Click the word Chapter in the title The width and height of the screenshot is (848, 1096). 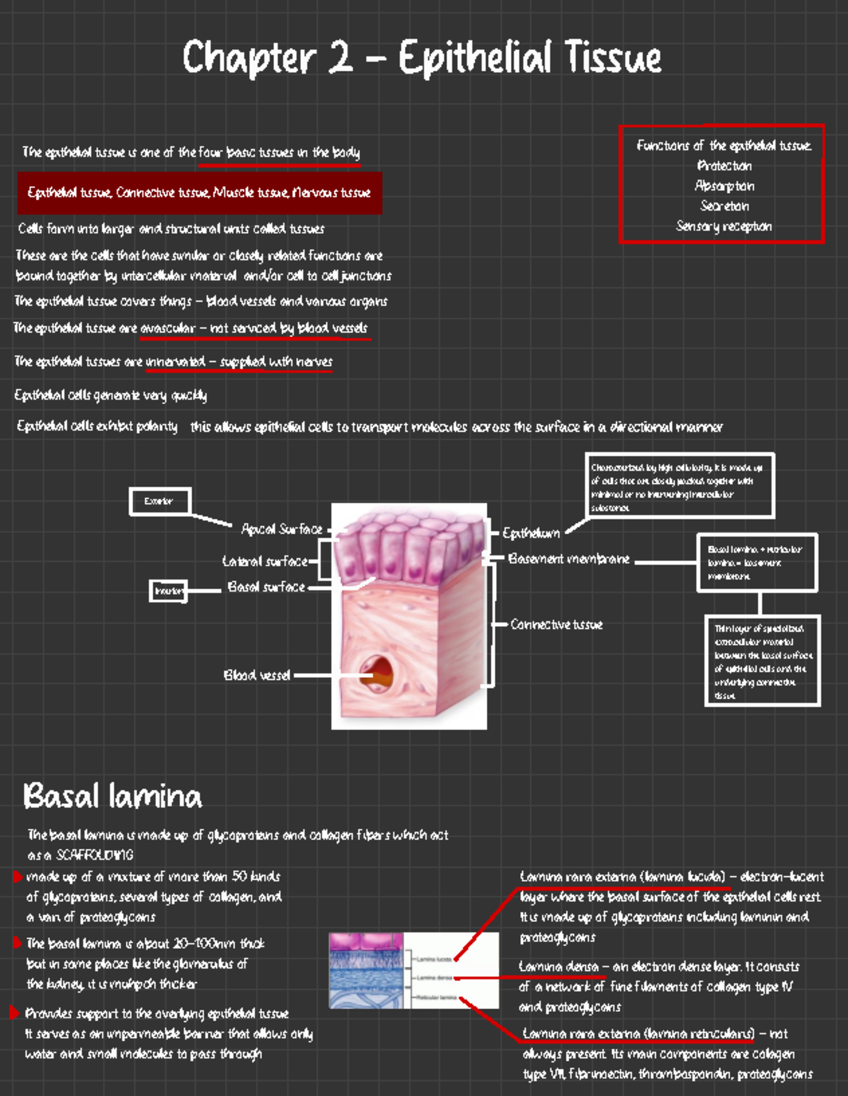[248, 58]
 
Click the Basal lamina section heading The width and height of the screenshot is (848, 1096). [112, 796]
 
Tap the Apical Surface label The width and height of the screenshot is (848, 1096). [281, 529]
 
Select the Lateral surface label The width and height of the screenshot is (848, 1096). [265, 561]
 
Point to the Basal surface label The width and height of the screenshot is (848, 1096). [266, 587]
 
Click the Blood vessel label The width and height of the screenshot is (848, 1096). [257, 675]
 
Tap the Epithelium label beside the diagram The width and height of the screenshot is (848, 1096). [531, 533]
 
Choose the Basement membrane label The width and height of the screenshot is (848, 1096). [568, 559]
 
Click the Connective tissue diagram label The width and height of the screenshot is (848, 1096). [556, 625]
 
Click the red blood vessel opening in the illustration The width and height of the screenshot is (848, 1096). [376, 671]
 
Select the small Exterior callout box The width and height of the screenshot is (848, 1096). [160, 501]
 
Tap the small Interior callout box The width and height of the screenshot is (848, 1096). [168, 591]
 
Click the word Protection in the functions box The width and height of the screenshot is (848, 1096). [724, 166]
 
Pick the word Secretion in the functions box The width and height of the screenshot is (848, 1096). [724, 206]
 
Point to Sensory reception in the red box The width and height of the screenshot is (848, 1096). [724, 226]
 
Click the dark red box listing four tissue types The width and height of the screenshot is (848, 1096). [199, 193]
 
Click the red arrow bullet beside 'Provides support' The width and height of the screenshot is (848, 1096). [15, 1013]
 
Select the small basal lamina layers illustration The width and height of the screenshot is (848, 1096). [413, 970]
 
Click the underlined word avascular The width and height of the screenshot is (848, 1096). [167, 329]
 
